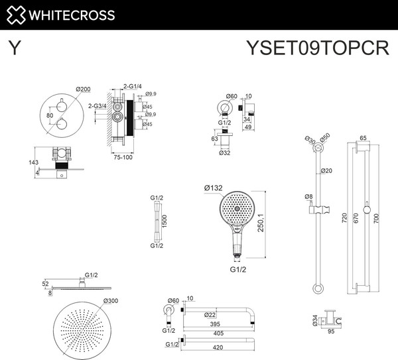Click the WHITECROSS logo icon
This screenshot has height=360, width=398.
[x=17, y=15]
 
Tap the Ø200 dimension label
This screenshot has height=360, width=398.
[x=83, y=89]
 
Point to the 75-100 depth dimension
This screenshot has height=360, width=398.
[x=121, y=158]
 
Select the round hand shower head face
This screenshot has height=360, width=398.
[x=237, y=208]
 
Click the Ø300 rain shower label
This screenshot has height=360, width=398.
[x=111, y=300]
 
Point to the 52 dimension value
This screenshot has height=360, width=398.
[x=45, y=283]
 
